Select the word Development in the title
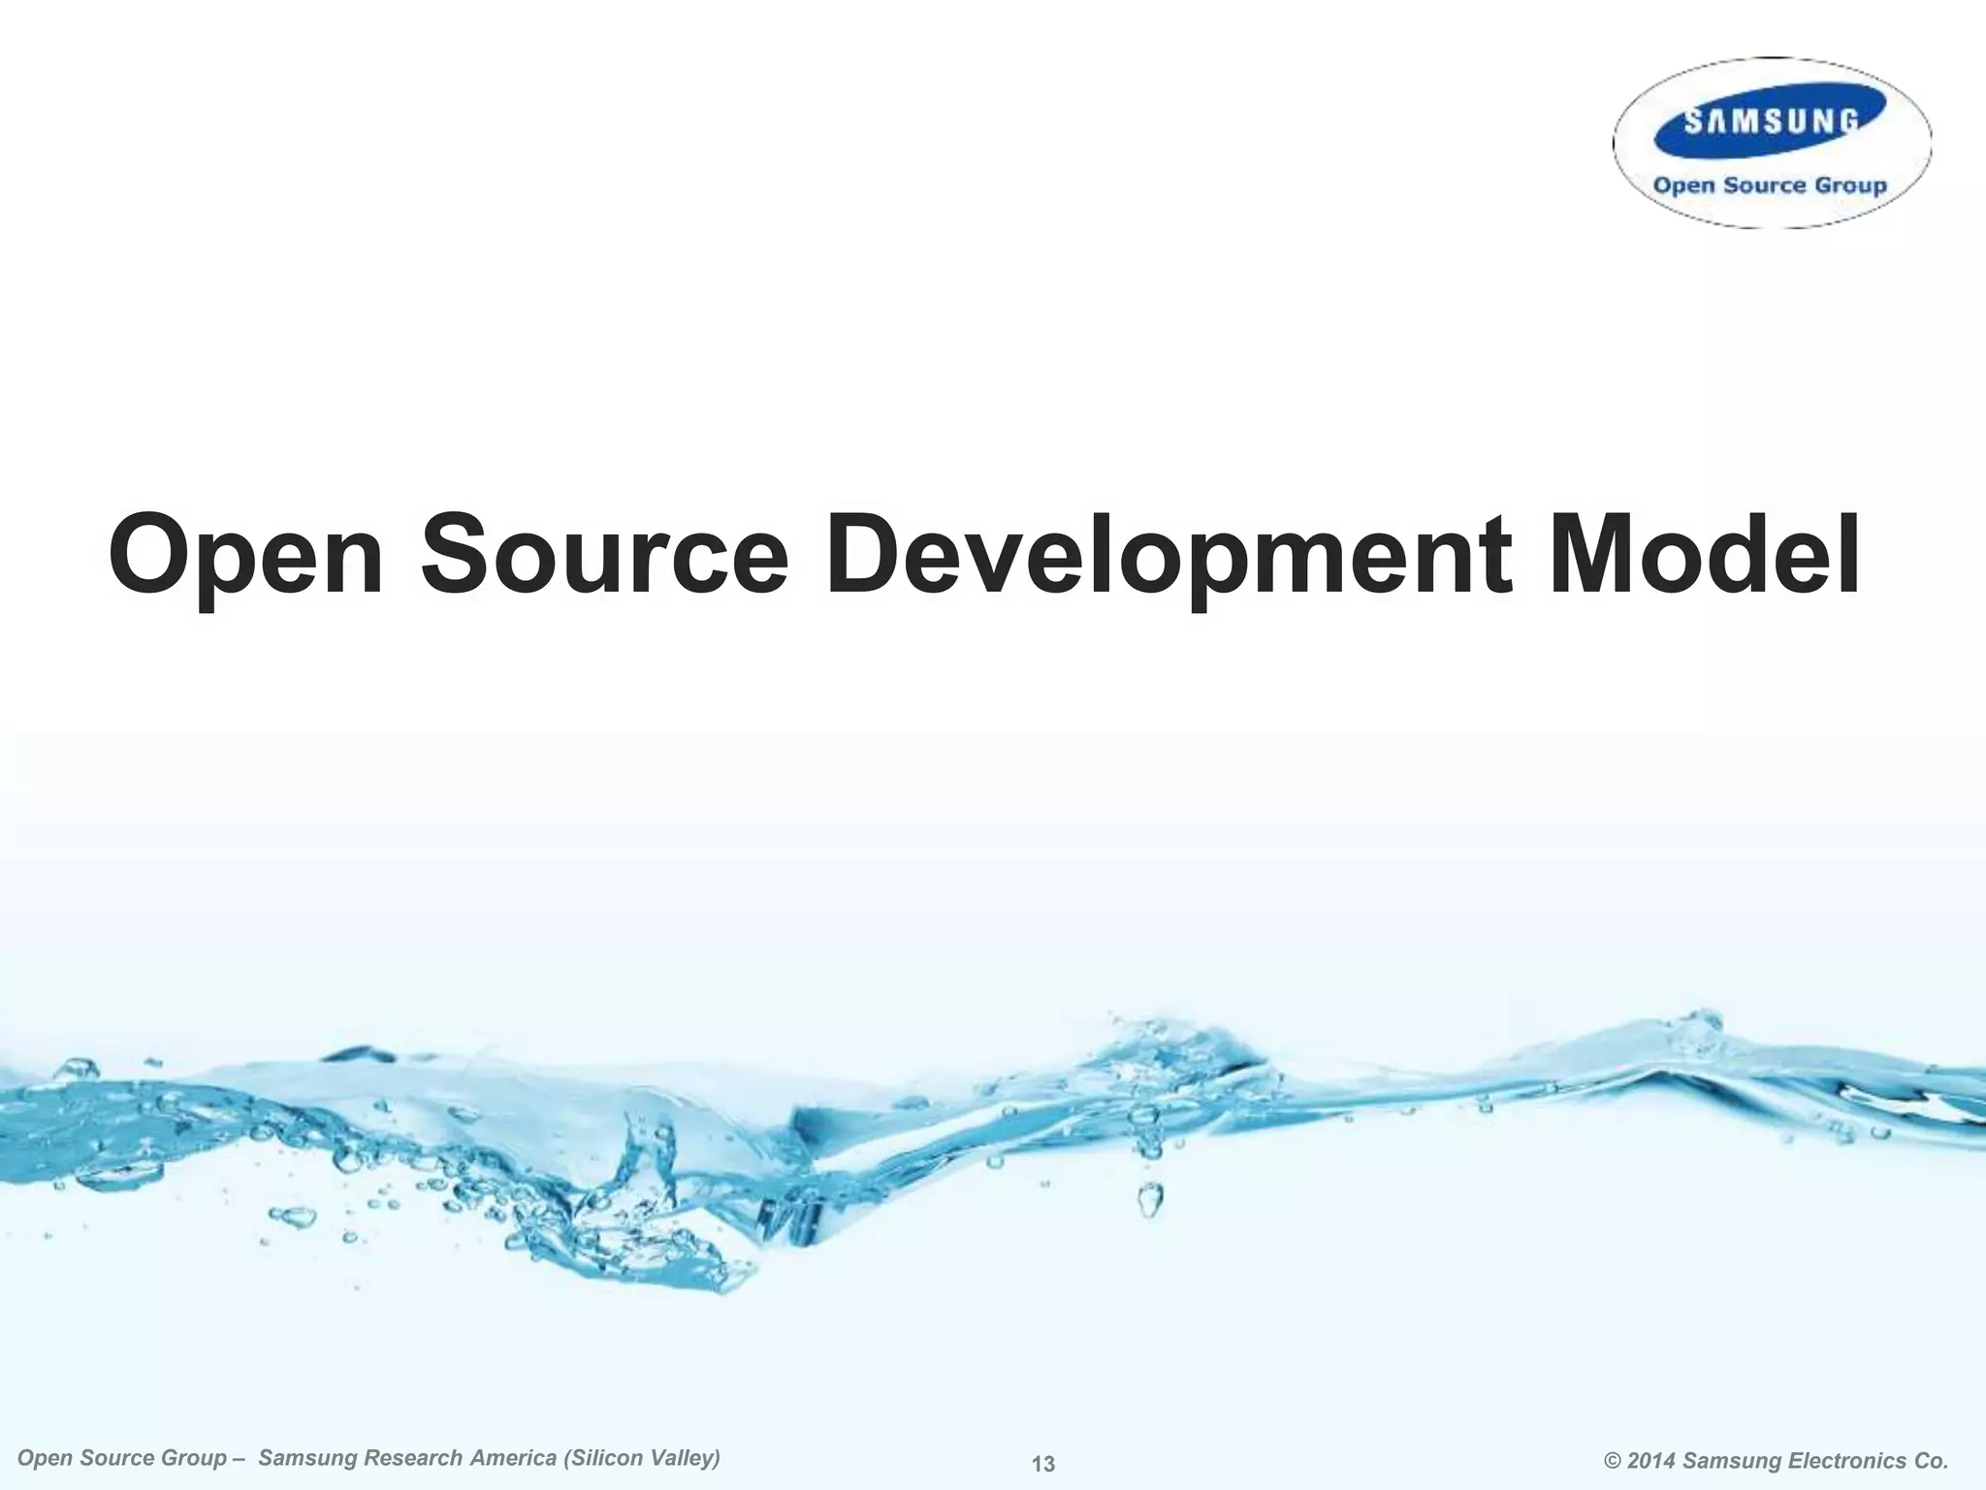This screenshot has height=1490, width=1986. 1168,556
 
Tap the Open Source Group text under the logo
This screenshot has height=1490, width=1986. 1770,185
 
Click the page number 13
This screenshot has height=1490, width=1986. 1043,1464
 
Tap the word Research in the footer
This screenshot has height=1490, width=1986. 414,1458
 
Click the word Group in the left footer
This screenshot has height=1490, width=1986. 192,1458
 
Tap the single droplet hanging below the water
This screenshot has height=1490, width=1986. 1150,1200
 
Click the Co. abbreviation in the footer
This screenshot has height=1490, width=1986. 1930,1461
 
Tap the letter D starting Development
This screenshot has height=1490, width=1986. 862,556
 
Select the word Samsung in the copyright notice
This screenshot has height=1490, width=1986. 1730,1461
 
